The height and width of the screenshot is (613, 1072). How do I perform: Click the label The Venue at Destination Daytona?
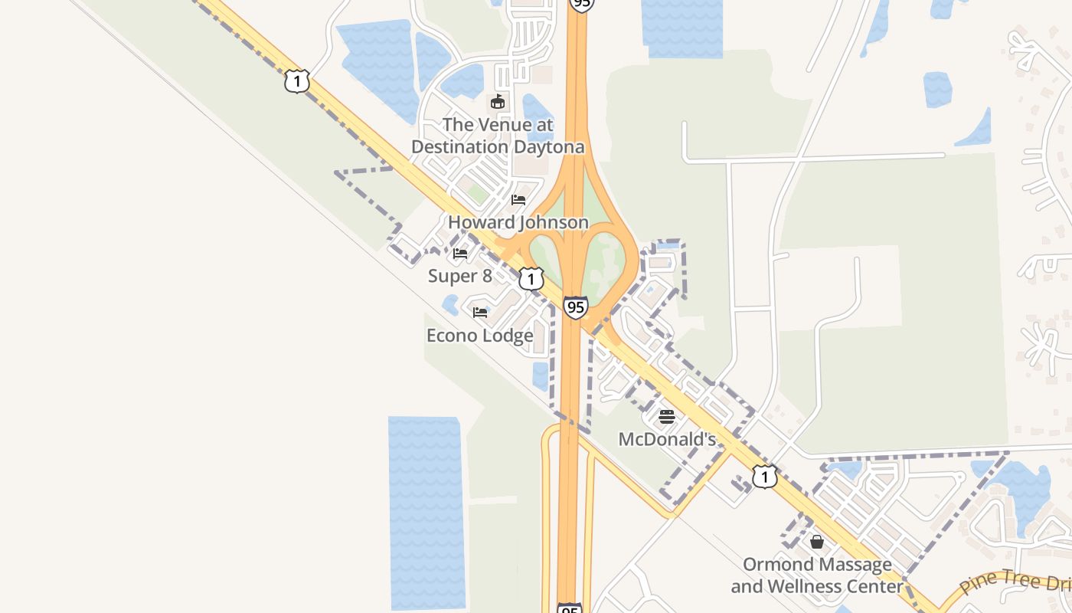tap(498, 135)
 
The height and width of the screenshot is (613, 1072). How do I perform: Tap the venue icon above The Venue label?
tap(498, 102)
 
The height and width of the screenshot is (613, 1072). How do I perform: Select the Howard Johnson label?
tap(518, 222)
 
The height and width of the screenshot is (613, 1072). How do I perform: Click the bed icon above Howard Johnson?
tap(518, 200)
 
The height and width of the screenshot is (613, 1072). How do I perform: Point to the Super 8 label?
tap(459, 276)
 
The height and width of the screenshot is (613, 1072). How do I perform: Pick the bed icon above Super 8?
tap(460, 253)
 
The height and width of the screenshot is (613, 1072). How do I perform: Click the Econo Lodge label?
tap(479, 336)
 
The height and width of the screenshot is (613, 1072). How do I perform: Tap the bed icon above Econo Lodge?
tap(480, 312)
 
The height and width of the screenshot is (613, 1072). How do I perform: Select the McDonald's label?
tap(667, 439)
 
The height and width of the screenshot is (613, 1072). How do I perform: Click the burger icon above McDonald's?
tap(666, 417)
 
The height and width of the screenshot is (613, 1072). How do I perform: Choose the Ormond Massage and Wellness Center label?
tap(817, 575)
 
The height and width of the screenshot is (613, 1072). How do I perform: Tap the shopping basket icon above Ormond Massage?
tap(817, 542)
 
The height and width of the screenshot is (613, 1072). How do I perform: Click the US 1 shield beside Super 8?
tap(531, 278)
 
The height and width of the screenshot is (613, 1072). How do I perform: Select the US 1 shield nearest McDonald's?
tap(764, 477)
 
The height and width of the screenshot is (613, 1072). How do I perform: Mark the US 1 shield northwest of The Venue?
tap(297, 81)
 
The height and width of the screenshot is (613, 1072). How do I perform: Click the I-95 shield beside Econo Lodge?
tap(575, 307)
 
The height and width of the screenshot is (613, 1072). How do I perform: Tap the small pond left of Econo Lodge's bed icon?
tap(450, 305)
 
